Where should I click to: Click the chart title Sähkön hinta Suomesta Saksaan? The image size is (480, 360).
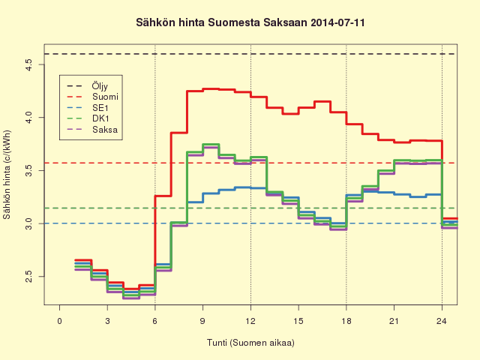221,22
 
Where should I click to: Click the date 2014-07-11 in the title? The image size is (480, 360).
337,22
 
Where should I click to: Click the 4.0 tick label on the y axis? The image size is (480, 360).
28,118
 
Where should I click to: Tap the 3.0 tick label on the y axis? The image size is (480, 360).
28,223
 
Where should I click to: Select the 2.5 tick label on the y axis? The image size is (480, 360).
28,277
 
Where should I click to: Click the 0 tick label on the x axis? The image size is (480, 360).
59,321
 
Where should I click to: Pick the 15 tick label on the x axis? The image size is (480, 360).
298,321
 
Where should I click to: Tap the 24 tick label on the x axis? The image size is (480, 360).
442,321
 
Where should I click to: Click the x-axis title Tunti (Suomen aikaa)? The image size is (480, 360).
250,343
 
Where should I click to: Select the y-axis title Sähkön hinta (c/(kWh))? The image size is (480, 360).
7,175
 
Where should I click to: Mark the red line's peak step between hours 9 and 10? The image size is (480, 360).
211,89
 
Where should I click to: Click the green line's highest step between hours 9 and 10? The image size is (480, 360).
211,144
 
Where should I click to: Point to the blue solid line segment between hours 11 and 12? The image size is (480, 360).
243,187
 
